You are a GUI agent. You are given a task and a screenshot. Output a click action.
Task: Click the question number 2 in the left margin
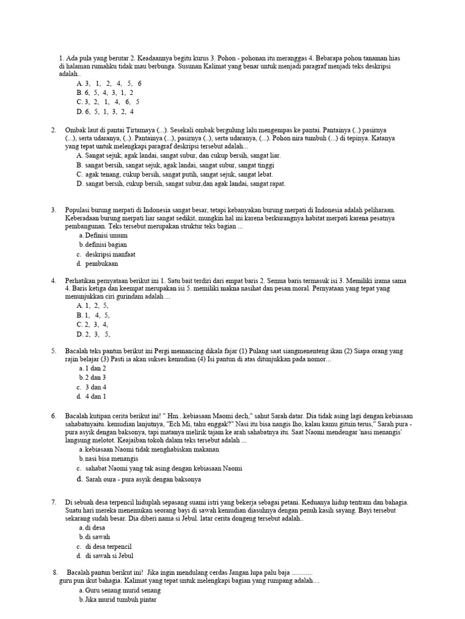[x=54, y=130]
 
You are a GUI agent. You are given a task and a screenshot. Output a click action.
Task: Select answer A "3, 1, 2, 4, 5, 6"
[x=109, y=83]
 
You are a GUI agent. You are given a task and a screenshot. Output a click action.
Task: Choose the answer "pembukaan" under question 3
[x=102, y=264]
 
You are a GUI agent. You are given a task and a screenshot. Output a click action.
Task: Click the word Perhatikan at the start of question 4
[x=82, y=281]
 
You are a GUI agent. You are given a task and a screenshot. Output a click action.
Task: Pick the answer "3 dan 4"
[x=95, y=387]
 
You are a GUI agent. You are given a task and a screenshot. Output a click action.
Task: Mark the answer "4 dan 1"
[x=95, y=397]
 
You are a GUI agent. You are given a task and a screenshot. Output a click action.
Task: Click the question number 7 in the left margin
[x=54, y=502]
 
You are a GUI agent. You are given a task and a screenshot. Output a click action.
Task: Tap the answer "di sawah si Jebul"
[x=109, y=556]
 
